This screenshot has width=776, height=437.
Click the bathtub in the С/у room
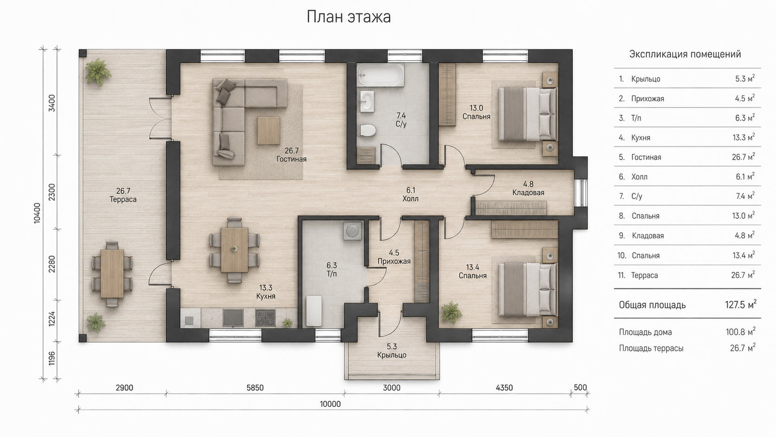point(381,75)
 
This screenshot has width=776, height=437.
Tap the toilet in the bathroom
point(368,130)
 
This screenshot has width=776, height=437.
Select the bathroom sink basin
point(367,101)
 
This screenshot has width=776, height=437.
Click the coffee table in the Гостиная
point(268,130)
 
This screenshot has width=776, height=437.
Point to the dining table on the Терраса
point(112,274)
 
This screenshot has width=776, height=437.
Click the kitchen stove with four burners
point(265,318)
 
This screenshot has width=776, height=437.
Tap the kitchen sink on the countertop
point(233,318)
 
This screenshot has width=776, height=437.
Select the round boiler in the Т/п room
point(352,231)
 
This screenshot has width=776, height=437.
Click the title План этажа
point(349,17)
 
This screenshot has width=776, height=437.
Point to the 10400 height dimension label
point(37,213)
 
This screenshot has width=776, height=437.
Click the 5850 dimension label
point(255,388)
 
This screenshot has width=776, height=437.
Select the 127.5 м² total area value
point(741,304)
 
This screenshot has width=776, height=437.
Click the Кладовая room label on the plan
point(528,193)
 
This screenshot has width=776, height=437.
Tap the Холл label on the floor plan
point(411,199)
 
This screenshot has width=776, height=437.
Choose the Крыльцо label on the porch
point(392,355)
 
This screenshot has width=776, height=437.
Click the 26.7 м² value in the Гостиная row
point(743,157)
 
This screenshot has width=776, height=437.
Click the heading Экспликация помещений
point(685,54)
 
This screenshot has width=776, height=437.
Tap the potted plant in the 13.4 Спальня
point(452,313)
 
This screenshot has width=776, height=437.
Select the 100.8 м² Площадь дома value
point(741,332)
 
